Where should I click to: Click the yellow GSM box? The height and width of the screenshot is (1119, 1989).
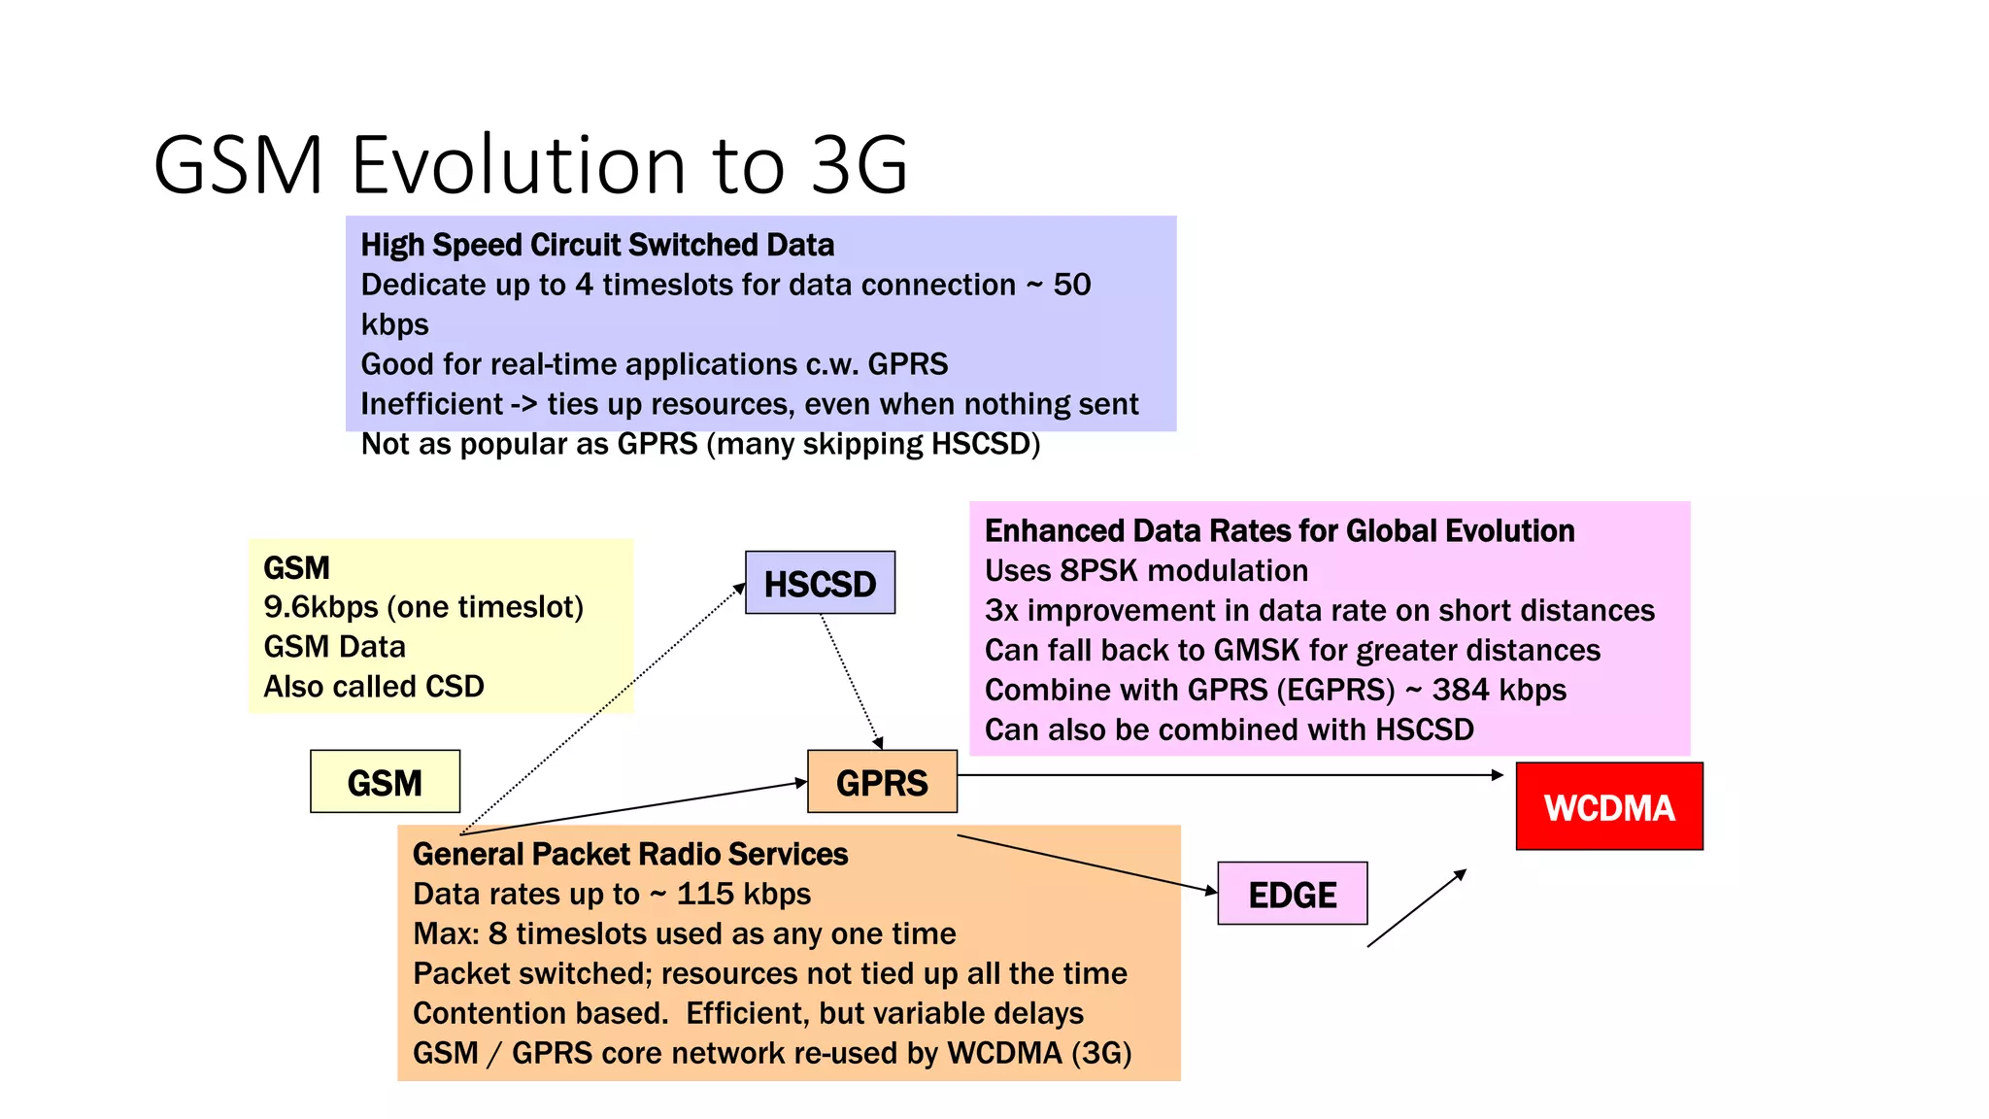pos(385,782)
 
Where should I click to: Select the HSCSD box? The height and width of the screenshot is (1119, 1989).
pos(820,584)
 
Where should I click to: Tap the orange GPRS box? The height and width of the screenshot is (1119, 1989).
pos(882,782)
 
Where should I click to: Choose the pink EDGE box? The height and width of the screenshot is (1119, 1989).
pos(1292,894)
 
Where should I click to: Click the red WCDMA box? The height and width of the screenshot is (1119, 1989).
pos(1609,807)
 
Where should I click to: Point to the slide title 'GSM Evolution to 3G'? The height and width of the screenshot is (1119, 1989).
pos(530,164)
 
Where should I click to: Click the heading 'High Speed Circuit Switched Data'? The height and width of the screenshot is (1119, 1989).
pos(597,245)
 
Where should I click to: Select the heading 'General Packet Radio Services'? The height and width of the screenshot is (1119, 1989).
pos(630,854)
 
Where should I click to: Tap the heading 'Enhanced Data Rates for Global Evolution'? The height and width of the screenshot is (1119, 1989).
pos(1279,530)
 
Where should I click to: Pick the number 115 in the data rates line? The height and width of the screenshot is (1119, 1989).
pos(705,894)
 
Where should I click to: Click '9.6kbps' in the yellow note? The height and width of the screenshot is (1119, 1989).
pos(320,607)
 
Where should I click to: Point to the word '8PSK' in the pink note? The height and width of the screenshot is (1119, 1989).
pos(1102,570)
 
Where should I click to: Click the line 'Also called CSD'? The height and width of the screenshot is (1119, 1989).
pos(374,687)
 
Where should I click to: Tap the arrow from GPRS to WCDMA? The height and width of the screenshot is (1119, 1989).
pos(1229,775)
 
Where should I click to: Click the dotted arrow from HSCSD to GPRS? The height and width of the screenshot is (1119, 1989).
pos(851,681)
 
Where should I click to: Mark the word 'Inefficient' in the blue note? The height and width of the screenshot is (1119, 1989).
pos(431,404)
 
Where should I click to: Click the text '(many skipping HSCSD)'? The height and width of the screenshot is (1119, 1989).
pos(873,444)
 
